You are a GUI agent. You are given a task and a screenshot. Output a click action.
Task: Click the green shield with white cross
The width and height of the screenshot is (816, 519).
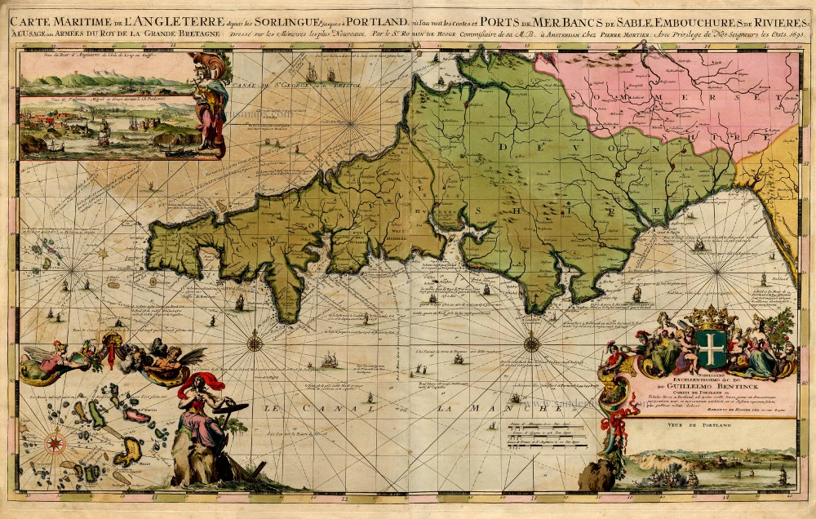point(712,348)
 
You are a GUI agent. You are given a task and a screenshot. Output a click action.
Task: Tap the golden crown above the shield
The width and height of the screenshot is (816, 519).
point(711,315)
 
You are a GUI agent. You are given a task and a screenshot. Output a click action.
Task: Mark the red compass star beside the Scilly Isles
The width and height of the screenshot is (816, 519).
point(55,443)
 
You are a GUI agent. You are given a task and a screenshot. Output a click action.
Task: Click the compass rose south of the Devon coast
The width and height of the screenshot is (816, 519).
point(531,344)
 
